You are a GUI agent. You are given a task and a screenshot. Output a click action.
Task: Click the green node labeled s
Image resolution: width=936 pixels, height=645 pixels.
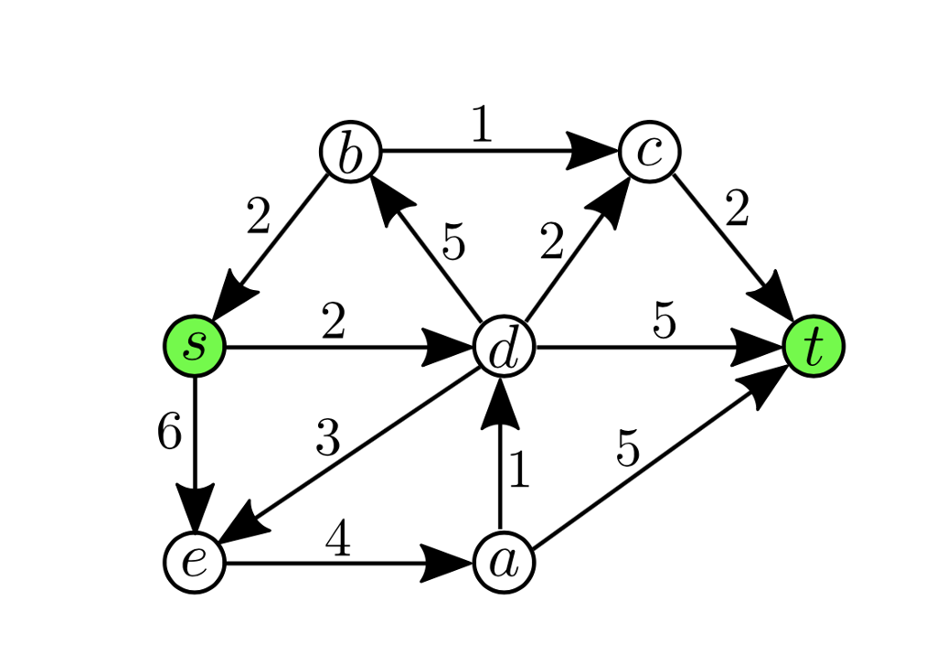click(194, 346)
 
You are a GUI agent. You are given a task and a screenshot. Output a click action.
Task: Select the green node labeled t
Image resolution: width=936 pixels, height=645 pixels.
click(814, 346)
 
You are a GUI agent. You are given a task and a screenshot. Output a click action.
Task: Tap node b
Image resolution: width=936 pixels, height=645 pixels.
click(349, 152)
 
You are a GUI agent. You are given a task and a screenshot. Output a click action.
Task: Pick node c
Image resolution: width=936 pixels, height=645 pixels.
click(649, 151)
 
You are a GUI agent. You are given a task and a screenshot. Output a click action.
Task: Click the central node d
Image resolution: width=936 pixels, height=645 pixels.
click(504, 349)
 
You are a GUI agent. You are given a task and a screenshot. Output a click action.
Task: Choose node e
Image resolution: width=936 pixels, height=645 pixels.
click(194, 562)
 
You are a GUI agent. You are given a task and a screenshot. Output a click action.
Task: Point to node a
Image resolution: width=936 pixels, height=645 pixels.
click(504, 562)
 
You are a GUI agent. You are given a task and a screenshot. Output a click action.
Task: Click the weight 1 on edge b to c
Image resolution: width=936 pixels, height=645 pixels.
click(482, 126)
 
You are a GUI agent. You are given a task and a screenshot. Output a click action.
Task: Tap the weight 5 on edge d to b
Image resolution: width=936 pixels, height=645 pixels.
click(453, 243)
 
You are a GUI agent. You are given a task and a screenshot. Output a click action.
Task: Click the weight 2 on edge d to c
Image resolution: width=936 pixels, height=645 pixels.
click(552, 243)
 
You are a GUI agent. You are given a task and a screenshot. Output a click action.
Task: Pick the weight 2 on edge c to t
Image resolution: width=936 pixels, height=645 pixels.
click(737, 210)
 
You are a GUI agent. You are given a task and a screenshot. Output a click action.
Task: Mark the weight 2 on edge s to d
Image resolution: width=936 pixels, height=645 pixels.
click(334, 322)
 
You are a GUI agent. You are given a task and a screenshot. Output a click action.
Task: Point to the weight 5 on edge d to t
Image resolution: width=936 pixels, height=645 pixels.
click(664, 322)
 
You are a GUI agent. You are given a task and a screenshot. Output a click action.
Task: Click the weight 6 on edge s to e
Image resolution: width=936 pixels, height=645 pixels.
click(169, 433)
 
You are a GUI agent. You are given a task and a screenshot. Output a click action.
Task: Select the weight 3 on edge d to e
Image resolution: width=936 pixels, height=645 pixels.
click(327, 439)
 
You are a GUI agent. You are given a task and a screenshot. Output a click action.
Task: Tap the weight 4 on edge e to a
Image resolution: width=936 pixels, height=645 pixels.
click(337, 540)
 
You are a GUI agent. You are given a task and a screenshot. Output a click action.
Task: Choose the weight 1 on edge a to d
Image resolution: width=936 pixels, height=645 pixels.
click(518, 471)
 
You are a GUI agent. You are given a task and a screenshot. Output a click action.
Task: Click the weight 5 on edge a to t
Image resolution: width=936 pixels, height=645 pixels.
click(627, 450)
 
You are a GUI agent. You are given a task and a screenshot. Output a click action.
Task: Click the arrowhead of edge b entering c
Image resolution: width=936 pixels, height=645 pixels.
click(591, 151)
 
